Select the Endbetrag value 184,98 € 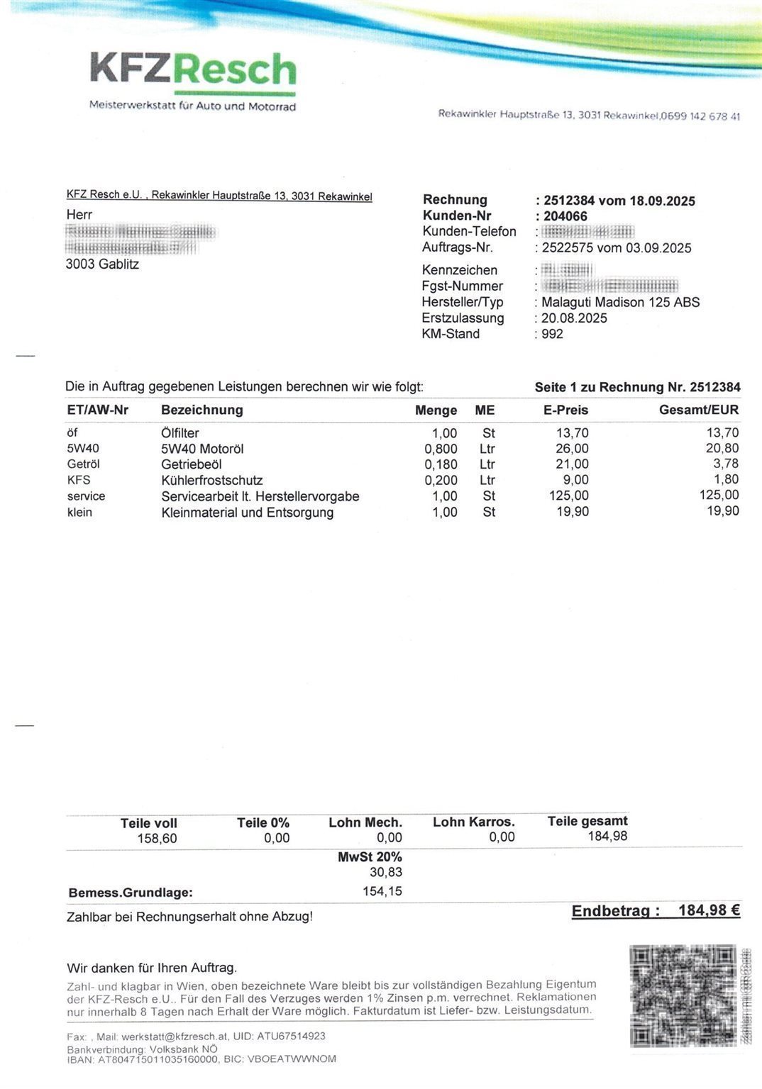[x=709, y=910]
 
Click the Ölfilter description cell [x=180, y=433]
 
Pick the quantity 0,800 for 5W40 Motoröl [x=441, y=449]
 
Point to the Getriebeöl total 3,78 [x=726, y=464]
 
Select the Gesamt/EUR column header [x=698, y=410]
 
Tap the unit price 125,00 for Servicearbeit [x=568, y=496]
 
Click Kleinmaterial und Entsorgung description [x=247, y=512]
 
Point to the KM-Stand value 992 [x=552, y=334]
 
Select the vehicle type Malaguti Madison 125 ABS [x=620, y=302]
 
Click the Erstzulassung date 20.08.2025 [x=574, y=318]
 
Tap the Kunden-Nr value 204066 [x=565, y=216]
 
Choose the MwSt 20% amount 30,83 [x=386, y=872]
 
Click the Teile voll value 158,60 [x=157, y=839]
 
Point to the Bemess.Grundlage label [x=131, y=893]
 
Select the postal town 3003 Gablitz [x=102, y=264]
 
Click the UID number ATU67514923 [x=291, y=1036]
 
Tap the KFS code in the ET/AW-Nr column [x=79, y=480]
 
